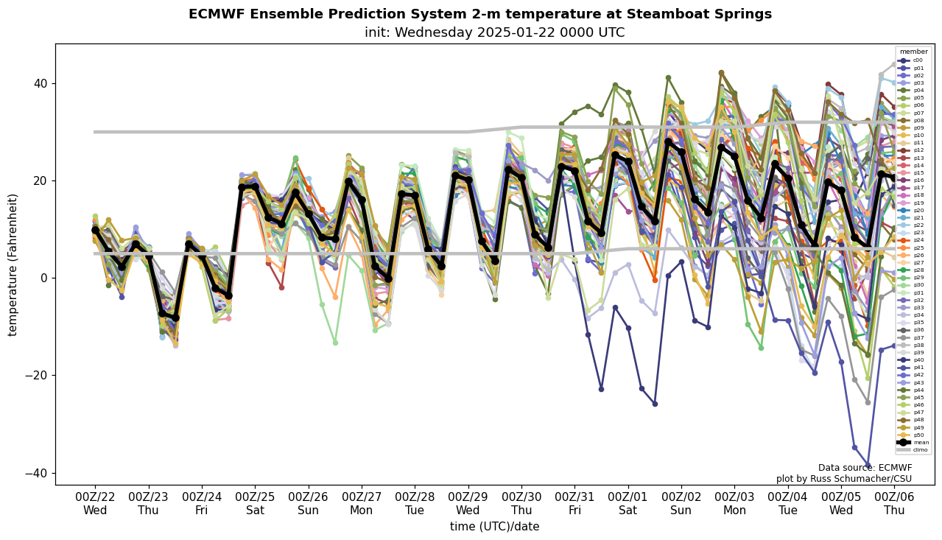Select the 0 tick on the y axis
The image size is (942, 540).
pos(43,278)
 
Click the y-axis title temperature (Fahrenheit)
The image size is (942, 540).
pos(13,264)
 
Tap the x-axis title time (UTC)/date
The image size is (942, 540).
pos(494,527)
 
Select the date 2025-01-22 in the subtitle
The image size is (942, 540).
pos(552,32)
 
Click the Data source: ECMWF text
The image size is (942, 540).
pos(865,468)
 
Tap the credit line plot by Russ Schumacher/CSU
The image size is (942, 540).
pos(844,479)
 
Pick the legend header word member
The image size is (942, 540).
pos(913,52)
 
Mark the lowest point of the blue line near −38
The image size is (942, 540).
pos(868,465)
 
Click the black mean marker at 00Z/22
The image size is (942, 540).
pos(95,231)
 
